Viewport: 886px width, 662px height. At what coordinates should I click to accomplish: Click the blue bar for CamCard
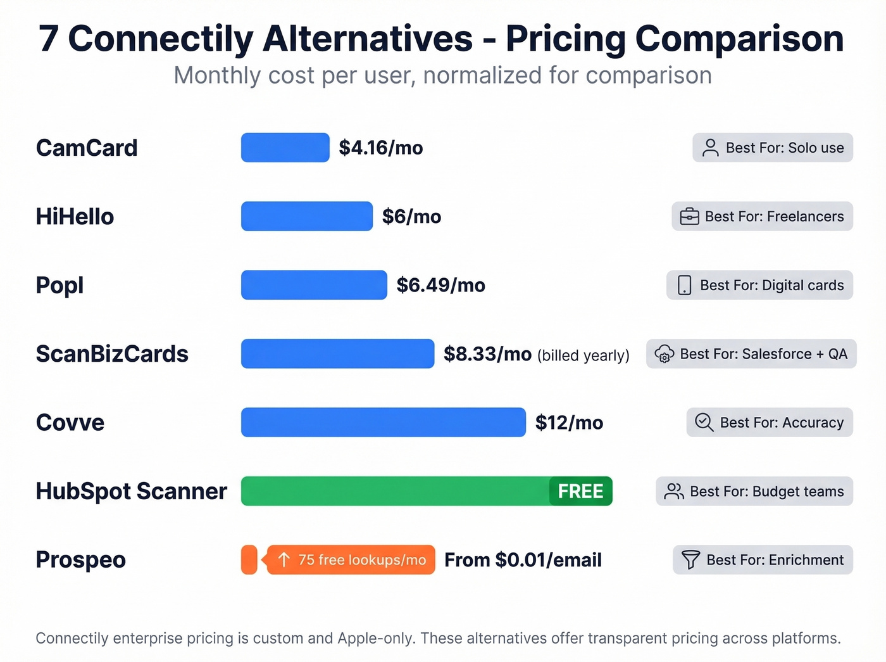285,148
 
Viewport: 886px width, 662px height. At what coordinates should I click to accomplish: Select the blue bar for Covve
383,423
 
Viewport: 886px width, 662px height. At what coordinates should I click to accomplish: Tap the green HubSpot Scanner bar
396,491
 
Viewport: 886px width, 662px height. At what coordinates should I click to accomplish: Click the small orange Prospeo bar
249,560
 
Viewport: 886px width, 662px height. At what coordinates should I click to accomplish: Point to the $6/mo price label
411,217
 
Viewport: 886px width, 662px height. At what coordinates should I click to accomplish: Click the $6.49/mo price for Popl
440,285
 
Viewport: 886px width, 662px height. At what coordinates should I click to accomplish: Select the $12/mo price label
569,423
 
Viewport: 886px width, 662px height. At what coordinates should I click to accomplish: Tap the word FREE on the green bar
580,492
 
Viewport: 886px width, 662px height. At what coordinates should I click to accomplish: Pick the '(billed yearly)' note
583,355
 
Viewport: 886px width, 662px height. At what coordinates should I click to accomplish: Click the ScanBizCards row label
112,354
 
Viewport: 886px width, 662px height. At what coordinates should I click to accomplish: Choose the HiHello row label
75,217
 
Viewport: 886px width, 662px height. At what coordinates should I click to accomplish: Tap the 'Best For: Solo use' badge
773,148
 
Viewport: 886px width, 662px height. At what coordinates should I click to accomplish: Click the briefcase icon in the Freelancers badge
689,217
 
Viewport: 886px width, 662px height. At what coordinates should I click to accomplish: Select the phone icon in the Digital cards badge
684,285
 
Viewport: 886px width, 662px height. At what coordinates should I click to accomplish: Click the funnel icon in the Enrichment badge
690,560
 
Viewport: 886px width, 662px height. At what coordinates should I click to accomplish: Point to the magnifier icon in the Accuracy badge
704,423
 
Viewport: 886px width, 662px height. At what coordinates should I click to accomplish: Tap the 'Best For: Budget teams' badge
754,492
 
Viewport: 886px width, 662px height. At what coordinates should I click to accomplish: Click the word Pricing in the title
565,39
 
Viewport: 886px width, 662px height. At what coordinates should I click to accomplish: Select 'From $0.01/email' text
523,560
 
